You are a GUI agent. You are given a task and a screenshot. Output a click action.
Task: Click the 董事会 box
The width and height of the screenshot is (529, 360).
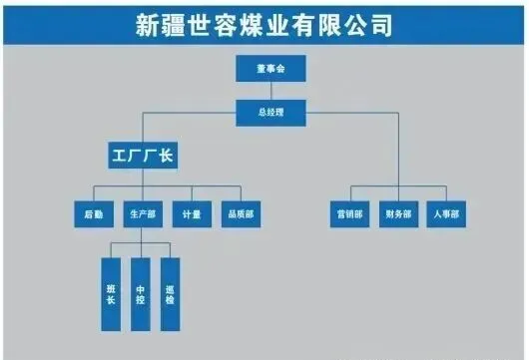270,69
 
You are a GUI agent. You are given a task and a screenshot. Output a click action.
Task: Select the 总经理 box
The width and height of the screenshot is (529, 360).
270,113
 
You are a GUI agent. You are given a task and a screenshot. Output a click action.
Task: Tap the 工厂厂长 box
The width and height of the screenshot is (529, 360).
143,156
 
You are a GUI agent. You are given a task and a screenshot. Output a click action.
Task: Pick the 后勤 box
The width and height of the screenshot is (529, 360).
94,214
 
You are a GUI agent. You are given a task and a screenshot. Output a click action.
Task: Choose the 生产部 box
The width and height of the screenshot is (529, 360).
143,214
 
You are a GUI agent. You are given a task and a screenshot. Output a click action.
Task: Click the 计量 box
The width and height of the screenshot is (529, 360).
192,214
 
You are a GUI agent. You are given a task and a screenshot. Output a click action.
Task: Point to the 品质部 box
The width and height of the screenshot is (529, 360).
241,214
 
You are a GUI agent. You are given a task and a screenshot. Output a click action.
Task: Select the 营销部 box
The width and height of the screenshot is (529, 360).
350,214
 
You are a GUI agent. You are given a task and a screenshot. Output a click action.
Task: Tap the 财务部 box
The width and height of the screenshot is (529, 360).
399,214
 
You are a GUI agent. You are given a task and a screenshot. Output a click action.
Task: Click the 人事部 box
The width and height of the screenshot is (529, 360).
446,214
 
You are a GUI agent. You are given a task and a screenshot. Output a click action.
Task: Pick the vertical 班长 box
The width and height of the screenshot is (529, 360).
111,294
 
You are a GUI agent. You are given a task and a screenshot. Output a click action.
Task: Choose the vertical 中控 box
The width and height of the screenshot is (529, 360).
141,294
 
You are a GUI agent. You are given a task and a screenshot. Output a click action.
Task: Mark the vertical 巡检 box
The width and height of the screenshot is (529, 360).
170,294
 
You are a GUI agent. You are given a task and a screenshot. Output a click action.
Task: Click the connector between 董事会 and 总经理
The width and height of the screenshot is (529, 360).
270,91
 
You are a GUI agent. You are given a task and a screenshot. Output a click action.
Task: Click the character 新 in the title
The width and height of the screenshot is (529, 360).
148,25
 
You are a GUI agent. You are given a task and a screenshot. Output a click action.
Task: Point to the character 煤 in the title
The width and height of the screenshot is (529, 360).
252,25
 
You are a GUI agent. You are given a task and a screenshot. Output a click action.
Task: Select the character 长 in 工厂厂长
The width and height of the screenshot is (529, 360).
166,156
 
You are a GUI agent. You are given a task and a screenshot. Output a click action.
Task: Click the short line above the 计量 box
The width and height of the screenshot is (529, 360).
192,193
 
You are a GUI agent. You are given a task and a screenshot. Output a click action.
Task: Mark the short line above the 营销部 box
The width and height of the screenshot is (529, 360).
351,193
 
